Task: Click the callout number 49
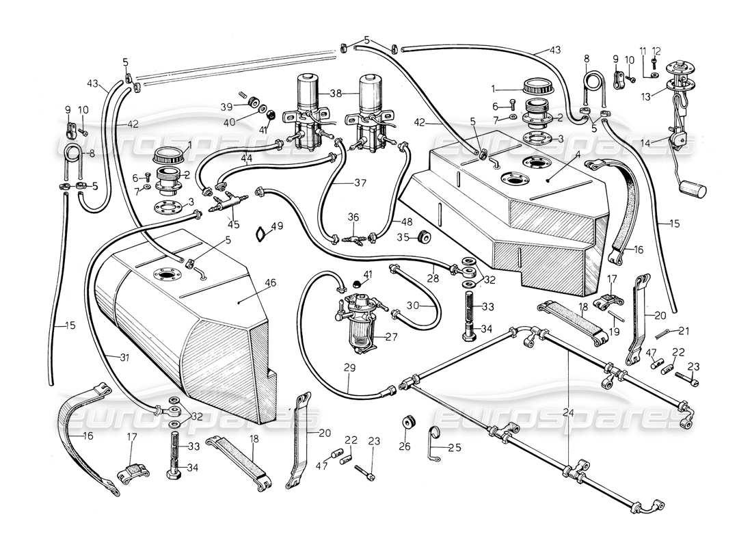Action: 277,226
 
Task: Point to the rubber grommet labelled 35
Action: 423,237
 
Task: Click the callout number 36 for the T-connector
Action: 353,217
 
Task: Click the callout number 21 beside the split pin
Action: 685,330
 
